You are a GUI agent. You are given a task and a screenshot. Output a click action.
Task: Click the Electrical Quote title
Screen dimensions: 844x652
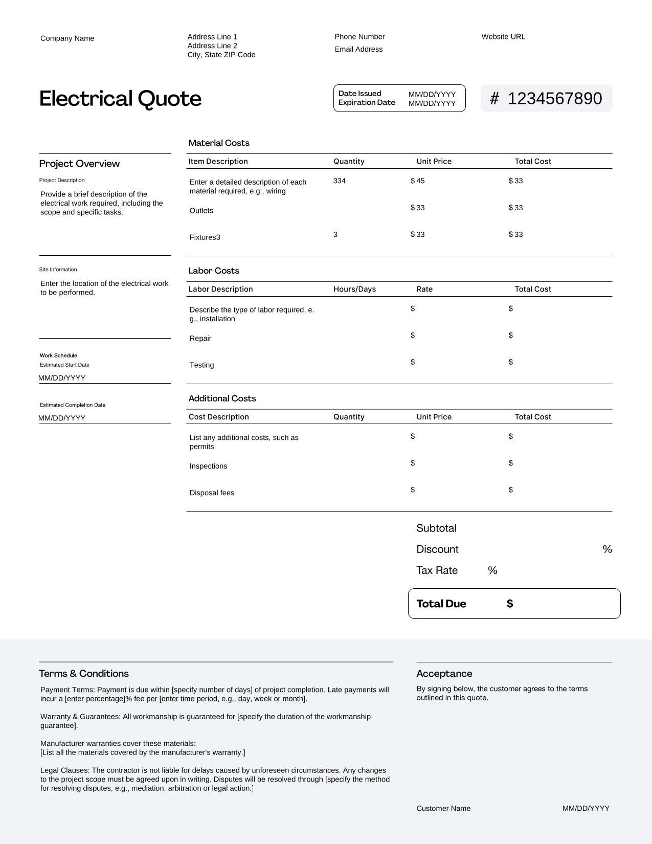click(120, 98)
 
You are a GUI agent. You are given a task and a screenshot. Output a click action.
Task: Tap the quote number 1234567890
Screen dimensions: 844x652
click(554, 98)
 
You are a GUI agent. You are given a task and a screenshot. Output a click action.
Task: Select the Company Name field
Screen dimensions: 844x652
click(67, 38)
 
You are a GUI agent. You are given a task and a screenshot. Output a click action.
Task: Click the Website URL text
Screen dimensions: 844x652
click(503, 37)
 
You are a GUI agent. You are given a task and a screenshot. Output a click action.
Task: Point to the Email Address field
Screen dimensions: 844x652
click(358, 49)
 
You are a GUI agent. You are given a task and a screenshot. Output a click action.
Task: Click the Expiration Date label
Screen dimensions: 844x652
click(367, 102)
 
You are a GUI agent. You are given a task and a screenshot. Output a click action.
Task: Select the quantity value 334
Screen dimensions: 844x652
click(339, 181)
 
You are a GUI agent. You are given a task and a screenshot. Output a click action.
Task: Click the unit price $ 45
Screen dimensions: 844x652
click(418, 181)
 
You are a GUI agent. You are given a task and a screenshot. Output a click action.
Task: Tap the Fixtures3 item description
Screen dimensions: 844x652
click(205, 237)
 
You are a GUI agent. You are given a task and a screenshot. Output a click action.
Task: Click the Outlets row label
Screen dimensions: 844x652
click(201, 211)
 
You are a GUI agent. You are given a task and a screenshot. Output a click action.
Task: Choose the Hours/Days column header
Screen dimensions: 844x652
click(354, 289)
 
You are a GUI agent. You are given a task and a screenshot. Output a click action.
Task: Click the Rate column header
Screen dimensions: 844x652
click(424, 289)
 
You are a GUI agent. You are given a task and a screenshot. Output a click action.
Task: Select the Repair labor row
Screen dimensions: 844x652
click(200, 339)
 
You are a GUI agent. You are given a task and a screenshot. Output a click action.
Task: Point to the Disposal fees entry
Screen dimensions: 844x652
click(212, 493)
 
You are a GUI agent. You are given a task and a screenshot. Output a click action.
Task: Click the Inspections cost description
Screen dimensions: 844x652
click(208, 467)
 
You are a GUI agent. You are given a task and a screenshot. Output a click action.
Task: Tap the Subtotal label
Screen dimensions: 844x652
click(436, 528)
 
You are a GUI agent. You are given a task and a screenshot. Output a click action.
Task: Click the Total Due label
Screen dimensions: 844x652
click(441, 604)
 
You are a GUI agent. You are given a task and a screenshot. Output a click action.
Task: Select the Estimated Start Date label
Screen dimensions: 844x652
click(64, 365)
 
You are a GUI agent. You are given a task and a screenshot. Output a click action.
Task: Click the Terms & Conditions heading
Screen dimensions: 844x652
click(84, 674)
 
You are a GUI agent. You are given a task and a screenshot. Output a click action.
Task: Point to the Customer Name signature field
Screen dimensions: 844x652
click(443, 809)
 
